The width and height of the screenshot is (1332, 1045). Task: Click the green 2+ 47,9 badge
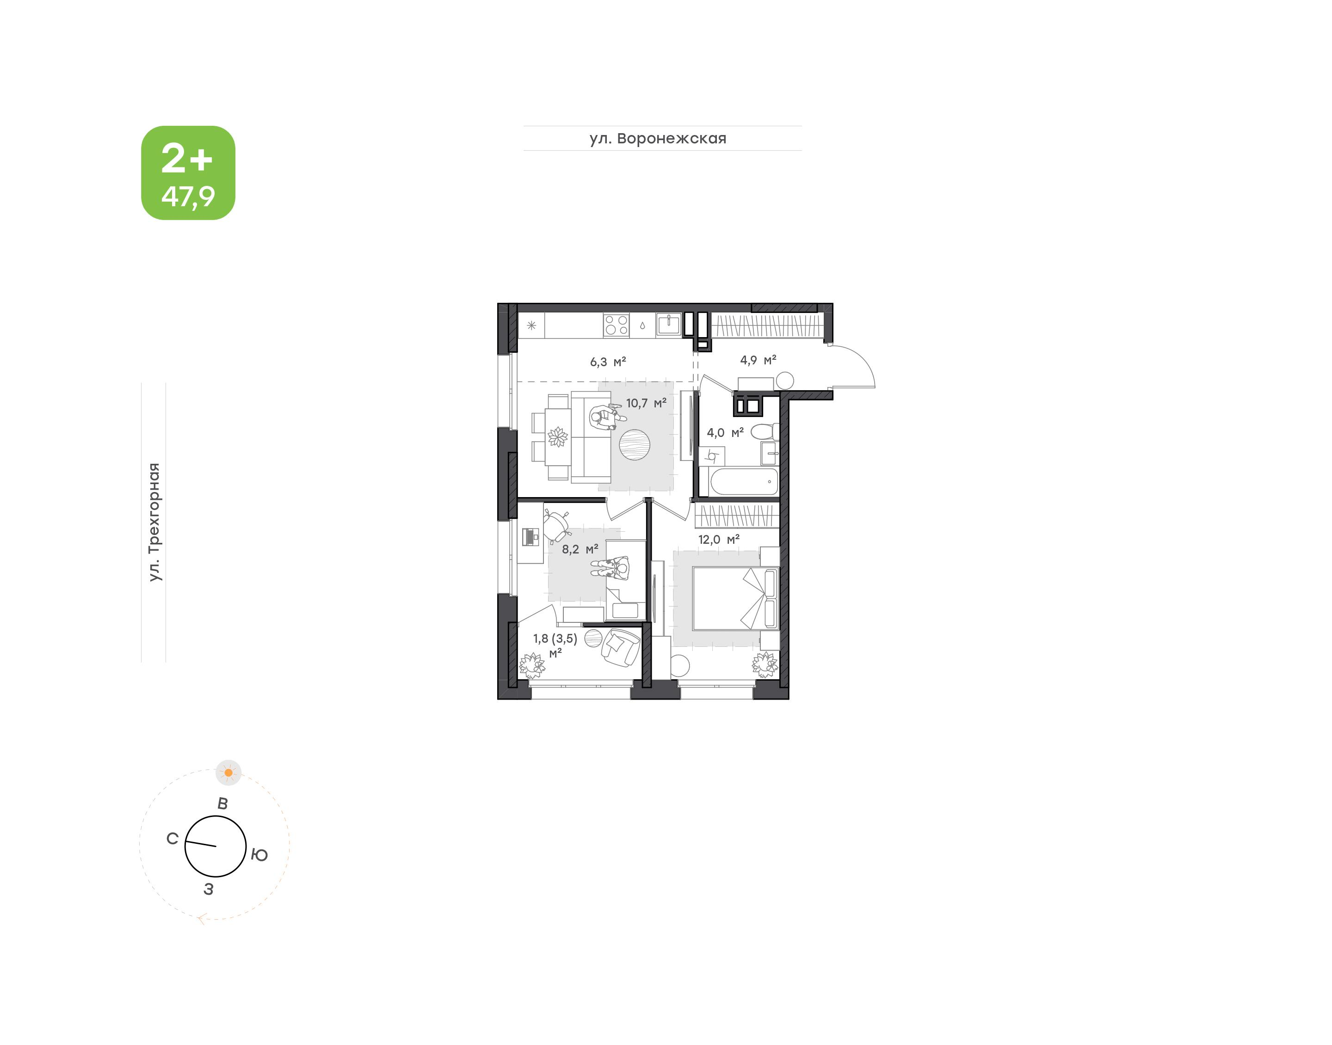tap(188, 172)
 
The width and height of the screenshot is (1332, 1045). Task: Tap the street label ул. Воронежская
tap(658, 138)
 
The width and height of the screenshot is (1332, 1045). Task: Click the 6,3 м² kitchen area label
tap(608, 362)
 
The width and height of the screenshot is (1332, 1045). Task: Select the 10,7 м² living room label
tap(646, 403)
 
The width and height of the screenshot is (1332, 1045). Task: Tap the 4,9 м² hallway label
tap(758, 360)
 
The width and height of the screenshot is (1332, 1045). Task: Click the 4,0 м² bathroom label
tap(725, 432)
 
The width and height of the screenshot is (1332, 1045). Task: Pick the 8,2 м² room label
tap(580, 549)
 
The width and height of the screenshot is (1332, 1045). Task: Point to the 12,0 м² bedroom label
tap(719, 540)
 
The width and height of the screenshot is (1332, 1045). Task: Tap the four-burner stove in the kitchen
tap(616, 325)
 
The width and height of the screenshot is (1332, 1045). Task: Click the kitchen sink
tap(669, 324)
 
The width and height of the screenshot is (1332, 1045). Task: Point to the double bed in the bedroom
tap(735, 598)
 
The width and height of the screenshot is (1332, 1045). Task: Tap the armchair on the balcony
tap(620, 647)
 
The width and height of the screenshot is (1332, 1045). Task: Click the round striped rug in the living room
tap(634, 445)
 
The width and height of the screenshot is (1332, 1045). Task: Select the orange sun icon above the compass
tap(228, 773)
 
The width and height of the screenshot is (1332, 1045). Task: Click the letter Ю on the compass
tap(259, 854)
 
